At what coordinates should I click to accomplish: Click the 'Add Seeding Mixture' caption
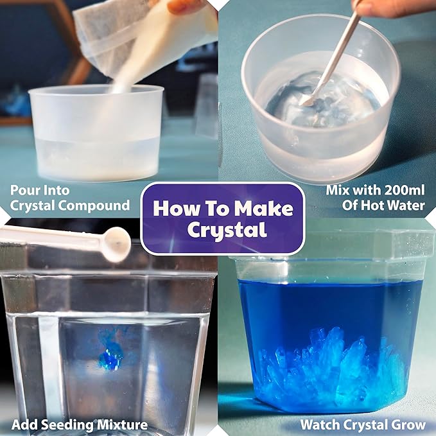pos(79,424)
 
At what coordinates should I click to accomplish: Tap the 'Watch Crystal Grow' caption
pos(362,424)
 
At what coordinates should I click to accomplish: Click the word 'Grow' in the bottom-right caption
pos(408,424)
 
